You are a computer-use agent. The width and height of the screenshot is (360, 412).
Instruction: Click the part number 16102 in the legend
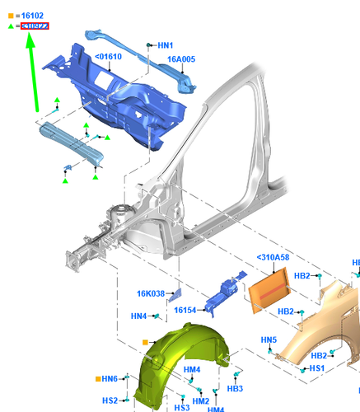[34, 15]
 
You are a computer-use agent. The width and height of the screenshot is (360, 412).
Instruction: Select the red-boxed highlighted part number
[35, 26]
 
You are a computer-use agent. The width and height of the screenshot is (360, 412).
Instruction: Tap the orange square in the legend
[11, 15]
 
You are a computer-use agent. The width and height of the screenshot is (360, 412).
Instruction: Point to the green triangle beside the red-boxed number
[11, 26]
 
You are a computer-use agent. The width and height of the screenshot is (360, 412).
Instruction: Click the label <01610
[108, 56]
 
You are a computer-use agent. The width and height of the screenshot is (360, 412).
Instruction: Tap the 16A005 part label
[181, 59]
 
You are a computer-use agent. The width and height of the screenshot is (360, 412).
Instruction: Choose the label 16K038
[152, 293]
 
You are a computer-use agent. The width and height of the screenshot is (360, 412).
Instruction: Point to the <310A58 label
[274, 258]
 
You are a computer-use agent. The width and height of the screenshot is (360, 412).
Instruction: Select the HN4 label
[138, 316]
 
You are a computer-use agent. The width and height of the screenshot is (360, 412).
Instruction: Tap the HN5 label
[269, 339]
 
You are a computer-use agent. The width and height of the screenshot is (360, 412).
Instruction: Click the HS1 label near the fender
[316, 368]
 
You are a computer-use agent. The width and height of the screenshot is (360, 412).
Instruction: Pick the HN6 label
[110, 378]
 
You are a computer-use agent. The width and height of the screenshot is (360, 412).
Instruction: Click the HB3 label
[234, 388]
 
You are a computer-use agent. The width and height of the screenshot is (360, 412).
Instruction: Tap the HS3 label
[182, 407]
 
